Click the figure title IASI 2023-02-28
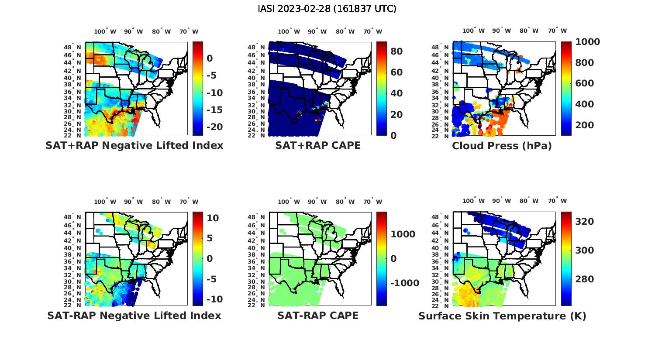[327, 9]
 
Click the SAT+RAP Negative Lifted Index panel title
[134, 145]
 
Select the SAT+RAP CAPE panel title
[318, 145]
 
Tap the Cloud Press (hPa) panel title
[502, 146]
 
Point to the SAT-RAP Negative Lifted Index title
[134, 315]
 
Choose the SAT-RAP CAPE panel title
[318, 315]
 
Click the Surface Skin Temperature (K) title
[502, 316]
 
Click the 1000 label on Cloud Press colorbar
[587, 42]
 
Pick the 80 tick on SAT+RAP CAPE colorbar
[396, 51]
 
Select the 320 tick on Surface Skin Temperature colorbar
[584, 222]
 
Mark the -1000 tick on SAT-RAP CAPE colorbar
[404, 283]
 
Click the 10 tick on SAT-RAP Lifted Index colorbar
[213, 218]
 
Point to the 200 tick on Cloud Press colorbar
[584, 125]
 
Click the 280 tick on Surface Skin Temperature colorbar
[584, 279]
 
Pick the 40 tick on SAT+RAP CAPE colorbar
[396, 93]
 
